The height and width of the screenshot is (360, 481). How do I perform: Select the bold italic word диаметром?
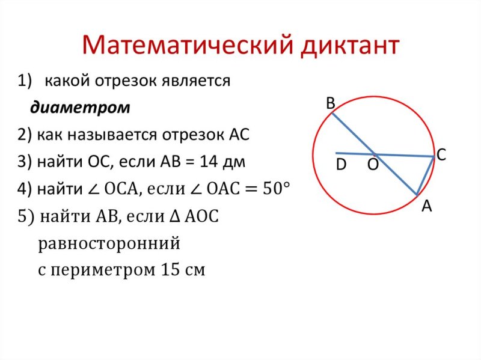click(80, 108)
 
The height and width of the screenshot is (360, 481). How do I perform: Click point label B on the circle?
click(330, 104)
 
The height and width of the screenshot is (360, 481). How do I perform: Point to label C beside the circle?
click(441, 155)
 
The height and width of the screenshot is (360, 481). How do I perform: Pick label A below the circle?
click(426, 206)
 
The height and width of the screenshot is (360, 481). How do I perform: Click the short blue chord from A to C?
click(426, 175)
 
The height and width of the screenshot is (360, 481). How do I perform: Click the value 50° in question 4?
click(274, 188)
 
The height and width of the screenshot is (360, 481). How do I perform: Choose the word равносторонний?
click(109, 244)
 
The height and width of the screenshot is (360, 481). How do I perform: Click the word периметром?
click(102, 270)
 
